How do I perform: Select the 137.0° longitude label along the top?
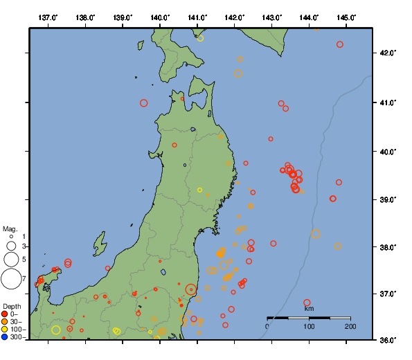pos(47,17)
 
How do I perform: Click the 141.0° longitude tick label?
pos(197,17)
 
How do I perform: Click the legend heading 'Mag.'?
pos(10,228)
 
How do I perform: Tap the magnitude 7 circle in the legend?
pos(11,279)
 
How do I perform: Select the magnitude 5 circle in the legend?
pos(11,260)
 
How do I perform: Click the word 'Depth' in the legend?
pos(11,306)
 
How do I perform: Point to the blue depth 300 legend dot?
pos(5,337)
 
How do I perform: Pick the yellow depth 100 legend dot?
pos(5,329)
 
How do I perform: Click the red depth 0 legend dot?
pos(5,314)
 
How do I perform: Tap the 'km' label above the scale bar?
pos(309,308)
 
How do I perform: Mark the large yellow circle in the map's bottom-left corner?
pos(56,330)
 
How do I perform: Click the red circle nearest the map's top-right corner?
pos(340,44)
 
